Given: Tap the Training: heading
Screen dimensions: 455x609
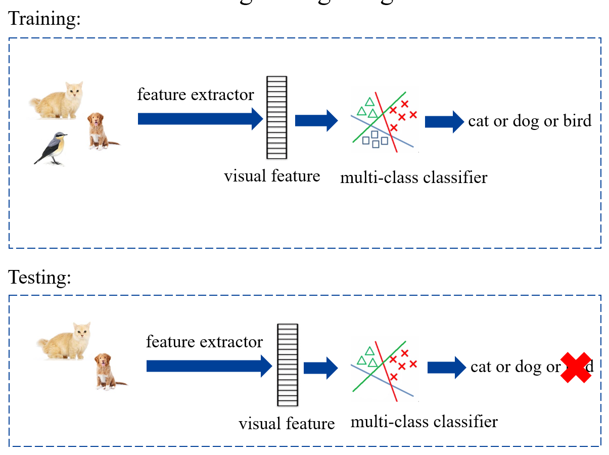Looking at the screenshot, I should click(45, 19).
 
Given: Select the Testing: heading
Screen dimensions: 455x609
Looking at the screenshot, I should click(40, 278).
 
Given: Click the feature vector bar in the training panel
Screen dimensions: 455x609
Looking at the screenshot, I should click(276, 117).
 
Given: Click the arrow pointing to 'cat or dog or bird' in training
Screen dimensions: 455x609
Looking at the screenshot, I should click(444, 122).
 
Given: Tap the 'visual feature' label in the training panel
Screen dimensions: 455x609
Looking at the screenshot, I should click(272, 176).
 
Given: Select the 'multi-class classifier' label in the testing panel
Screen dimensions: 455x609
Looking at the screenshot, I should click(424, 422).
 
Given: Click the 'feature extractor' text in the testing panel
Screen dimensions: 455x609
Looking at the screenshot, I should click(204, 342).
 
